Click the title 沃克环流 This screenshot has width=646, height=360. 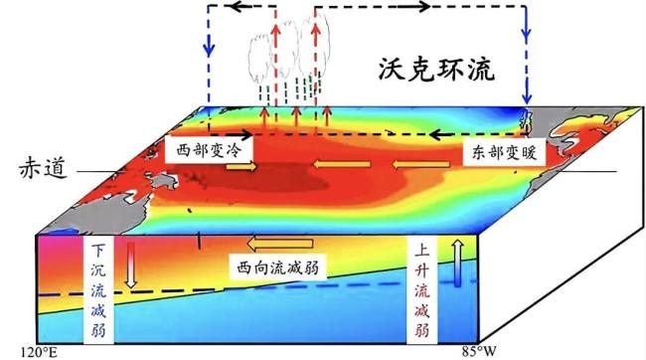(x=436, y=70)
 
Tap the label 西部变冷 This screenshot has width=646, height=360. (x=209, y=150)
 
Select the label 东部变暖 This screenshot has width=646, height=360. (x=504, y=152)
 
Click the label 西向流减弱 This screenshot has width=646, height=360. (x=277, y=268)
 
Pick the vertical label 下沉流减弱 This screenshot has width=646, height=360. (x=98, y=289)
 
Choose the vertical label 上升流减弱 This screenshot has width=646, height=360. (x=421, y=289)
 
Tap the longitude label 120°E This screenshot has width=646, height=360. (x=39, y=353)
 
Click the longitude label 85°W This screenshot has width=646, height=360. (x=479, y=352)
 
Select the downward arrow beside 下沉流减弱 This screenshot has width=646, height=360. (x=131, y=265)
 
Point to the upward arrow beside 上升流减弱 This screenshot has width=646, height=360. (x=458, y=264)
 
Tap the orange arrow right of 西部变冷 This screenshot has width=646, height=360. (x=242, y=167)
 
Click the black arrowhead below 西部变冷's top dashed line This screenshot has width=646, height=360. (x=244, y=134)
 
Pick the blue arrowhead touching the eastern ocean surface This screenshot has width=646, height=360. (x=527, y=97)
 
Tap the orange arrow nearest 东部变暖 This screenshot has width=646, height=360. (x=420, y=165)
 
